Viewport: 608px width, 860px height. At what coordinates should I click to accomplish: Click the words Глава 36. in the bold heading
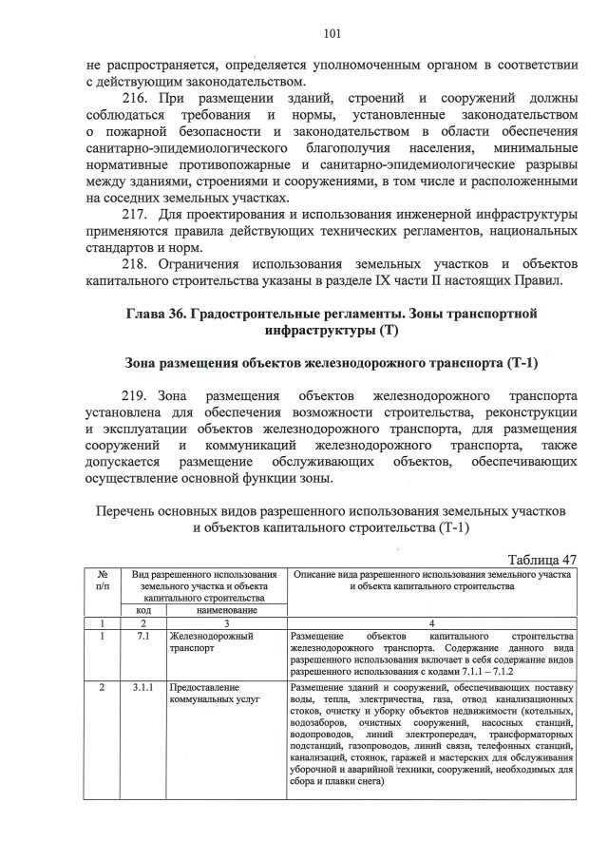coord(158,314)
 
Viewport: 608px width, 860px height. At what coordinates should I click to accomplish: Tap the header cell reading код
coord(142,610)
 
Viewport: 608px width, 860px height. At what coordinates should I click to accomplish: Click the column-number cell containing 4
coord(431,622)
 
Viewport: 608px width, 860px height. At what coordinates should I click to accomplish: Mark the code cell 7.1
coord(142,635)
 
